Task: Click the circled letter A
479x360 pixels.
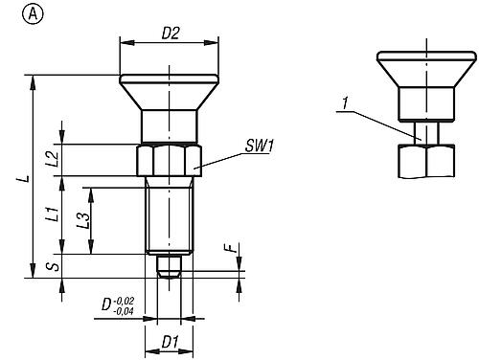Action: [x=10, y=12]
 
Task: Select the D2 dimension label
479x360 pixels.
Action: [x=170, y=33]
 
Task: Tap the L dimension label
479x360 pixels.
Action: [x=27, y=178]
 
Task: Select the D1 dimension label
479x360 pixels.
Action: [x=169, y=340]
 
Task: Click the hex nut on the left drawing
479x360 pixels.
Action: [x=170, y=159]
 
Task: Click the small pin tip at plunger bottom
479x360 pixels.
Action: [x=169, y=267]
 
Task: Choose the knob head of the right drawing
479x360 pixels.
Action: [x=418, y=69]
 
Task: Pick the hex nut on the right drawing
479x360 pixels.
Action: [x=418, y=161]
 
